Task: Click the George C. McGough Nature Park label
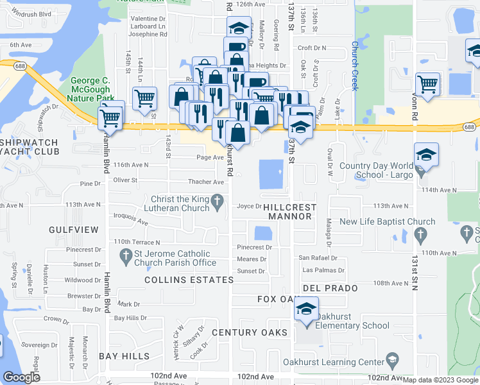(x=94, y=90)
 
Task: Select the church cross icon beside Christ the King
(x=218, y=203)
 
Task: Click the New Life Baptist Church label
(x=387, y=222)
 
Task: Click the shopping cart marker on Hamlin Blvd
(x=110, y=117)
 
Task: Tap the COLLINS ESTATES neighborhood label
(x=189, y=280)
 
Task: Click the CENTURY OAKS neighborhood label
(x=247, y=332)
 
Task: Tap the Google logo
(x=21, y=377)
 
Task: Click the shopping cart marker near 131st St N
(x=427, y=83)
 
